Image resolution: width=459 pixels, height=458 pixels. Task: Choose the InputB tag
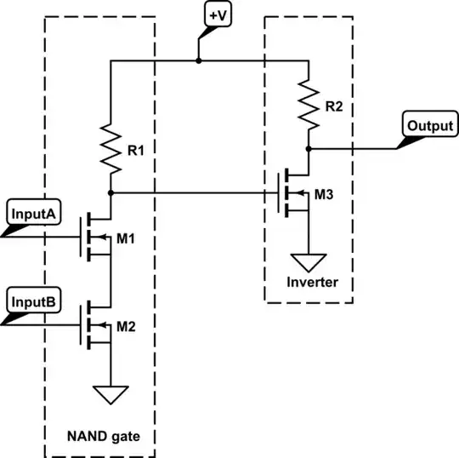pos(31,301)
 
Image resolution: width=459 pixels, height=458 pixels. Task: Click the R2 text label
pos(333,107)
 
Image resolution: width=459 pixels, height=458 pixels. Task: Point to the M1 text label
pos(127,238)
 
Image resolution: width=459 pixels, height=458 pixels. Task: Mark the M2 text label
pos(127,326)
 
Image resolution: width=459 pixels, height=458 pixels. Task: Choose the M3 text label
pos(323,195)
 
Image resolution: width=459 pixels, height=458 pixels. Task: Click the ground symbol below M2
pos(110,394)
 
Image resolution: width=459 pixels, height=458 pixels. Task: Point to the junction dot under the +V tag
pos(198,60)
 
